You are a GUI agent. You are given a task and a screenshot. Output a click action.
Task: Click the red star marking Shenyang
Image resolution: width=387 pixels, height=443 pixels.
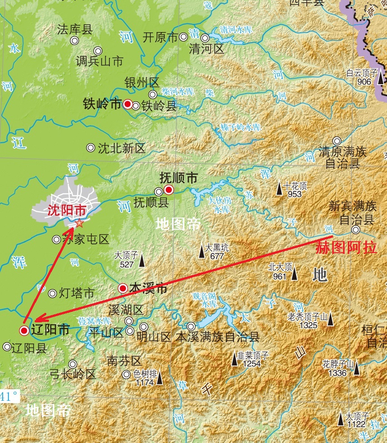pos(80,222)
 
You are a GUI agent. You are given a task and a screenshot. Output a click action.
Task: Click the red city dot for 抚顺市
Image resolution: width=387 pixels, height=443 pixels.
pos(169,190)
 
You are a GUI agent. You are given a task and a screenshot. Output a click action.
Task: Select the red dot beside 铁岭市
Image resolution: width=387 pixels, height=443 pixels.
pos(127,104)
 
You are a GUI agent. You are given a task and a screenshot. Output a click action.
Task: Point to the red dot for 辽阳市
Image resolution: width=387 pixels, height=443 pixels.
pos(24,331)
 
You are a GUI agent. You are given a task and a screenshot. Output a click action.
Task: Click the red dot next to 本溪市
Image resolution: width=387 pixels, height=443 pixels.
pos(122,288)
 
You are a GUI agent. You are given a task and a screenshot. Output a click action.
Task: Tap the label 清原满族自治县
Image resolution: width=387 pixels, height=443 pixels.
pos(343,157)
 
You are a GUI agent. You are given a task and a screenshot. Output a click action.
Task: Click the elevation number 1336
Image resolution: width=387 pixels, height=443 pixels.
pos(337,373)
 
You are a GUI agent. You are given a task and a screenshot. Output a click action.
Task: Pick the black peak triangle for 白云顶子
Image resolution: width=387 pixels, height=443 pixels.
pos(381,78)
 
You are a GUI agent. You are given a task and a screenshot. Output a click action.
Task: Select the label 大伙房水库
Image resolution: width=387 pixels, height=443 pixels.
pos(220,205)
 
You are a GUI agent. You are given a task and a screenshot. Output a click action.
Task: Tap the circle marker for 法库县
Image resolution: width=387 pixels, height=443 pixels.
pos(75,41)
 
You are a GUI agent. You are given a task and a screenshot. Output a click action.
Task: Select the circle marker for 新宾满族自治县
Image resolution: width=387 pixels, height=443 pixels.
pos(356,230)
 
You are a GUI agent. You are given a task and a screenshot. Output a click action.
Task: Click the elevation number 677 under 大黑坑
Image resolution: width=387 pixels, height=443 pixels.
pos(217,256)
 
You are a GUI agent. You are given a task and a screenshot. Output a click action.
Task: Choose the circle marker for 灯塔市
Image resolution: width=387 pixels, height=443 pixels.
pos(53,294)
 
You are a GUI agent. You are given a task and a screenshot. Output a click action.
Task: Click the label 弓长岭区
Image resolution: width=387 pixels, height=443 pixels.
pos(73,374)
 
